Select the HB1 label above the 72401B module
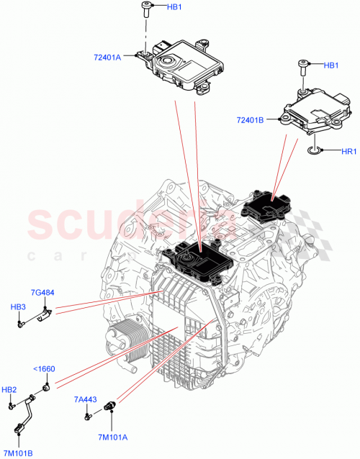[x=331, y=65]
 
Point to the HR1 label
[x=348, y=151]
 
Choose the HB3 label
[x=18, y=307]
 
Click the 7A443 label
[x=85, y=399]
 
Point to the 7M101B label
[x=18, y=453]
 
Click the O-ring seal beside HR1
[x=312, y=151]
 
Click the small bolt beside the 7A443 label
[x=87, y=414]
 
